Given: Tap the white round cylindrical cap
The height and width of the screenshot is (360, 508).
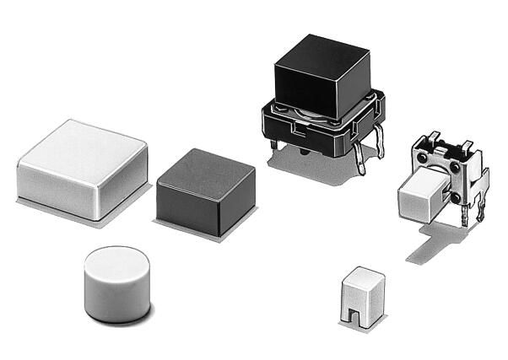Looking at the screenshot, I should (116, 283).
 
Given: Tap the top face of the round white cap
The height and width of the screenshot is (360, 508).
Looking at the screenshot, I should (117, 261).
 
